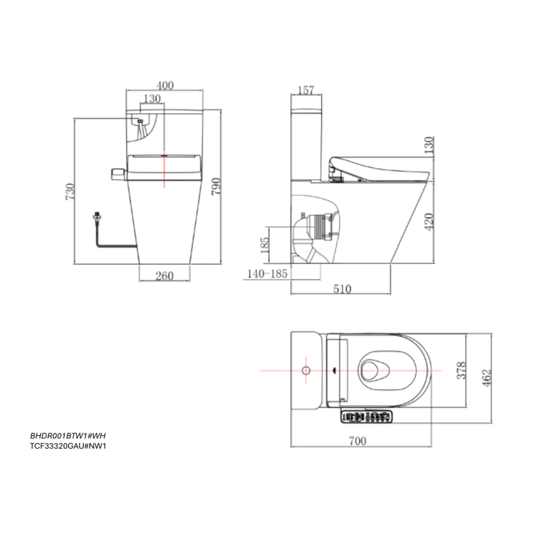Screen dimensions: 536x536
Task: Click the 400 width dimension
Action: (x=165, y=85)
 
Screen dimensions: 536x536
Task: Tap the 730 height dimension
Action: (x=70, y=192)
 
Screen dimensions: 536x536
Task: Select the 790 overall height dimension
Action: (x=216, y=186)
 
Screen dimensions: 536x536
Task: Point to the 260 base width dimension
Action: (x=165, y=276)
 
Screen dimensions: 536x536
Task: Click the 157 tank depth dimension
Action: (x=306, y=90)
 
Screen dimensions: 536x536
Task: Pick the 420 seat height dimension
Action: (x=429, y=222)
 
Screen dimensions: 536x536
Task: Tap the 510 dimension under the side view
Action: (x=342, y=289)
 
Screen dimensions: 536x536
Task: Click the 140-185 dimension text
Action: (x=267, y=274)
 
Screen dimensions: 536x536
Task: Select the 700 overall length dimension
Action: (x=358, y=441)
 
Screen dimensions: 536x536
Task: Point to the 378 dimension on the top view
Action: (x=461, y=370)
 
